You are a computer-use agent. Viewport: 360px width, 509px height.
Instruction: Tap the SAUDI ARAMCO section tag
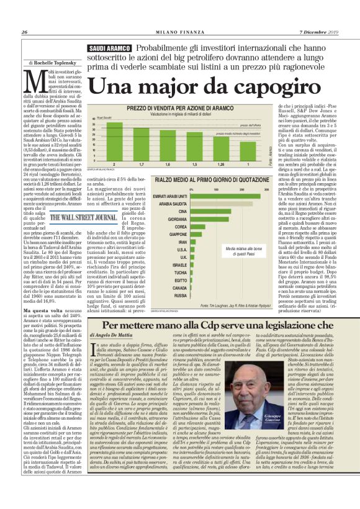[110, 48]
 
